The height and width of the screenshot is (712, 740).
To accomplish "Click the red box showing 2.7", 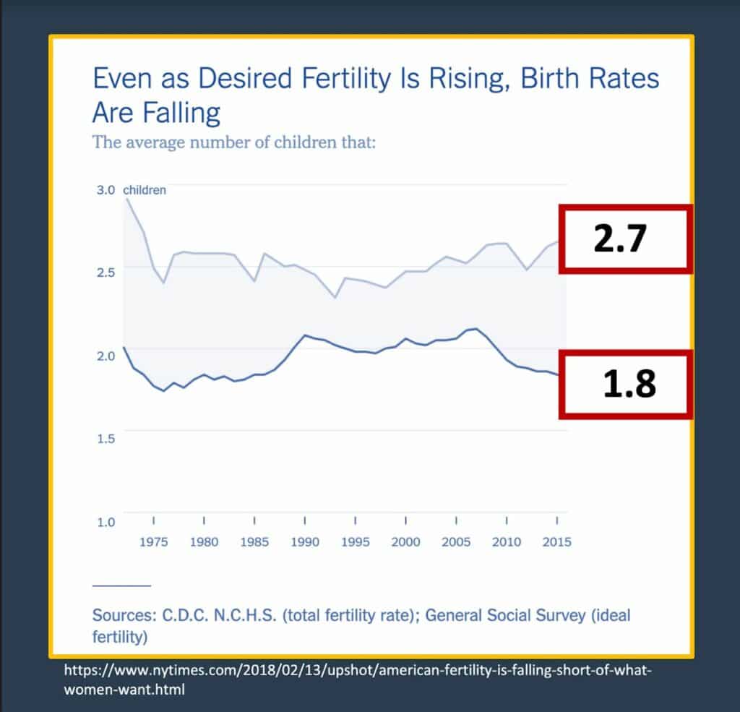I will [625, 239].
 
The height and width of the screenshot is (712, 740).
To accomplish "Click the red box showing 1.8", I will [625, 385].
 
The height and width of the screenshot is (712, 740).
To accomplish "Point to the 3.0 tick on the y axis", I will [106, 190].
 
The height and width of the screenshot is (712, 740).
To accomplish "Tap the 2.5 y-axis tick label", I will [106, 273].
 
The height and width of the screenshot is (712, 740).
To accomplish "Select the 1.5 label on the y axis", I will [106, 439].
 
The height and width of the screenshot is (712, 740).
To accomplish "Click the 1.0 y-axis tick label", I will [106, 521].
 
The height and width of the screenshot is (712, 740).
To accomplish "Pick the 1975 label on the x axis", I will [153, 542].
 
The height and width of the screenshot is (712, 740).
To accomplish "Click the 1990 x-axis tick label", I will [304, 542].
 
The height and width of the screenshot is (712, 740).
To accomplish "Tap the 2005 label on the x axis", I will [456, 542].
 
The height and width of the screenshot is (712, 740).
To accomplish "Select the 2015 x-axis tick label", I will [556, 542].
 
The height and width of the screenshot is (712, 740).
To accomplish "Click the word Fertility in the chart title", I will [337, 78].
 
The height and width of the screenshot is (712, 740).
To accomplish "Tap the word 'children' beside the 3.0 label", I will [145, 190].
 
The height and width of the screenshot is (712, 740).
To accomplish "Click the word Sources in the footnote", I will [121, 615].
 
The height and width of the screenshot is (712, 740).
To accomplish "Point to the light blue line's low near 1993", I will [335, 297].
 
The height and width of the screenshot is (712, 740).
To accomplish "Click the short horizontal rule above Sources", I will [121, 585].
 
